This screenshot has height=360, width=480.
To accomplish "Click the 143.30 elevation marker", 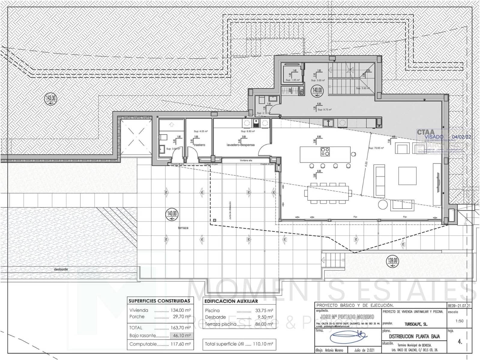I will pyautogui.click(x=50, y=98).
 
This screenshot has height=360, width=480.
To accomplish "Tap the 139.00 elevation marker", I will pyautogui.click(x=392, y=260).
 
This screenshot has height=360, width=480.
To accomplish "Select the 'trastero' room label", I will pyautogui.click(x=199, y=145).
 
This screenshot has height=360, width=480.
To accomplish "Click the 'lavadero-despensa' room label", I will pyautogui.click(x=240, y=145).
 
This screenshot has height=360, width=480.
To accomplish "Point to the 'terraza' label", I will pyautogui.click(x=183, y=228).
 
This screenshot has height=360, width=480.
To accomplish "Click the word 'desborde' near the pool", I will pyautogui.click(x=61, y=269).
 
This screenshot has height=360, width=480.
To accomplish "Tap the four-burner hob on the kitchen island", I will pyautogui.click(x=325, y=151).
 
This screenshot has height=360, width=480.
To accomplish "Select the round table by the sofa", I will pyautogui.click(x=382, y=205).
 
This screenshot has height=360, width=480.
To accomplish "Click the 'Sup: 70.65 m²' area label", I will pyautogui.click(x=376, y=148).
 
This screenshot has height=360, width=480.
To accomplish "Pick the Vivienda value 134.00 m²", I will pyautogui.click(x=181, y=310).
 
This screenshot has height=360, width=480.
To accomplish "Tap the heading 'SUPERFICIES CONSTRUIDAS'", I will pyautogui.click(x=159, y=301).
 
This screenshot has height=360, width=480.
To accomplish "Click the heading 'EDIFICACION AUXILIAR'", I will pyautogui.click(x=231, y=301).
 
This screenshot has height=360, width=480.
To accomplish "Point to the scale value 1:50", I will pyautogui.click(x=459, y=321).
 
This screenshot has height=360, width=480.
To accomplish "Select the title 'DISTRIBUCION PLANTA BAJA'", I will pyautogui.click(x=414, y=337).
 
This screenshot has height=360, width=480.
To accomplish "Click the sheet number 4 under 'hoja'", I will pyautogui.click(x=460, y=342).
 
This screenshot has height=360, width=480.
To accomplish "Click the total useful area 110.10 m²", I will pyautogui.click(x=262, y=344).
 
